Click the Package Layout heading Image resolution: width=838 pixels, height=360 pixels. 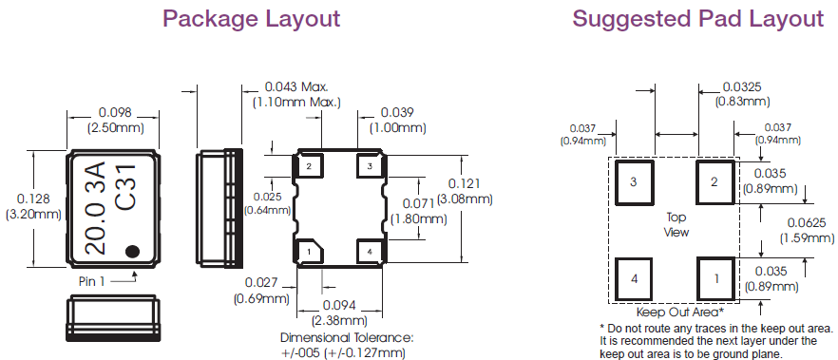pyautogui.click(x=251, y=19)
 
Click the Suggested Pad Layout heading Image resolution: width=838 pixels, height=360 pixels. pyautogui.click(x=698, y=19)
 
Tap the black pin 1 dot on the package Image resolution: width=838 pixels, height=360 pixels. pyautogui.click(x=132, y=251)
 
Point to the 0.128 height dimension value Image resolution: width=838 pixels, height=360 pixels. pyautogui.click(x=33, y=199)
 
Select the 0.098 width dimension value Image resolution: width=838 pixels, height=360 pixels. pyautogui.click(x=115, y=113)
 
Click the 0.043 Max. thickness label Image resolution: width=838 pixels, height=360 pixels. pyautogui.click(x=296, y=86)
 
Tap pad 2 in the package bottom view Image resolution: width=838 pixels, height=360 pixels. pyautogui.click(x=309, y=165)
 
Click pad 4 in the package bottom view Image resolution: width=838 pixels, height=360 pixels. pyautogui.click(x=369, y=250)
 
